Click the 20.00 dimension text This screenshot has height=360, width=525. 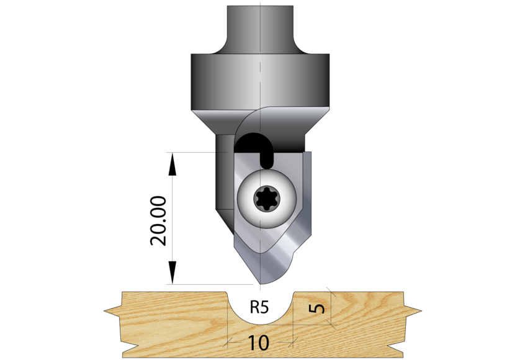tap(158, 221)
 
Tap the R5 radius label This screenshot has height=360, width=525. tap(260, 307)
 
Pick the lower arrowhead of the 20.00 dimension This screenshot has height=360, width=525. tap(173, 273)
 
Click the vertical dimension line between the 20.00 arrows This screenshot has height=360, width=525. tap(173, 217)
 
